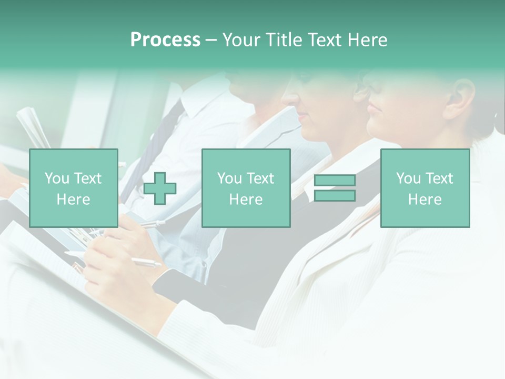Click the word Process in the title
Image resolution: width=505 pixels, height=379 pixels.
tap(165, 40)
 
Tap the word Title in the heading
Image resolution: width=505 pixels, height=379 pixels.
tap(284, 40)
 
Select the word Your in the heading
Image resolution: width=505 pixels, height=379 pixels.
tap(243, 40)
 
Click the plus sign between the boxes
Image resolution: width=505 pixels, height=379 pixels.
tap(160, 188)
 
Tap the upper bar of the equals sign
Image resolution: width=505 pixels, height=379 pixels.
tap(335, 181)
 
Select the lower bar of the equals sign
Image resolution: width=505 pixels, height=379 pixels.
tap(335, 196)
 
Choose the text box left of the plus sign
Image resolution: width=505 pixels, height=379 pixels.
tap(74, 188)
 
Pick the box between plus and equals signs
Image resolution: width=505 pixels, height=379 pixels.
tap(246, 188)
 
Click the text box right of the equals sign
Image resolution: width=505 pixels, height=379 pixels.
tap(425, 188)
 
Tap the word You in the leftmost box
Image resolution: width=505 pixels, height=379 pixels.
tap(57, 178)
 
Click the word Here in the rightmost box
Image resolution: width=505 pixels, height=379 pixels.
tap(425, 200)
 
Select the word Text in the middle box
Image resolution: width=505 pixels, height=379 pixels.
tap(260, 178)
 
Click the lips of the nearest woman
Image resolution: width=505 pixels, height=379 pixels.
tap(372, 108)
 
